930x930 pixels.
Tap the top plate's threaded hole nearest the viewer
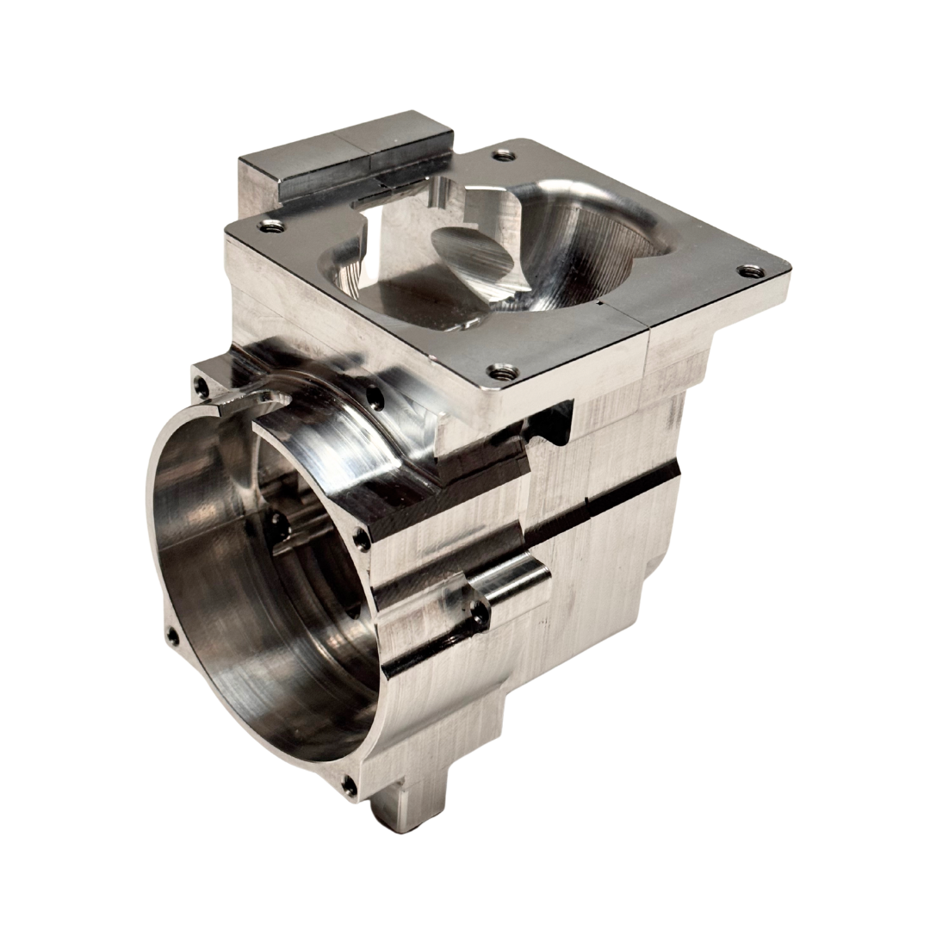(495, 372)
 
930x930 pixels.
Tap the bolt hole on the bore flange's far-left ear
(171, 636)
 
